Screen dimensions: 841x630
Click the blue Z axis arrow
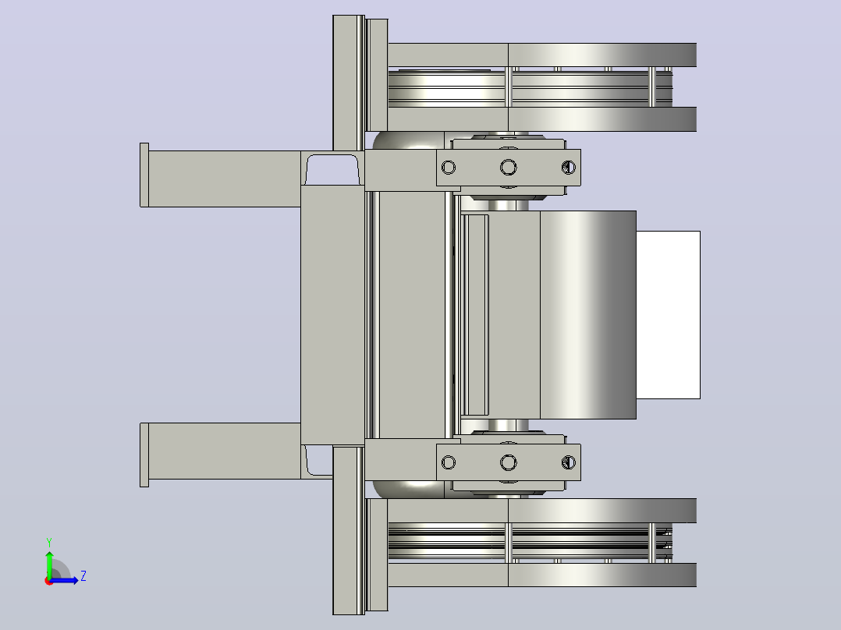64,580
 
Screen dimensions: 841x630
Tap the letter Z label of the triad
83,576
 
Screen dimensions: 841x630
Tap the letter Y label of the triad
49,542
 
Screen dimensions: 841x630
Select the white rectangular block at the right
668,315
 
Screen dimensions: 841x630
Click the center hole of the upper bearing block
509,168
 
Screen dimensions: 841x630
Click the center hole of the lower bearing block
509,462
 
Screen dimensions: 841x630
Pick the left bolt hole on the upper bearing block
449,168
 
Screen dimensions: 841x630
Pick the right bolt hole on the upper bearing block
569,168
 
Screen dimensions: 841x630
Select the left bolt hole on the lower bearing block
449,462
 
